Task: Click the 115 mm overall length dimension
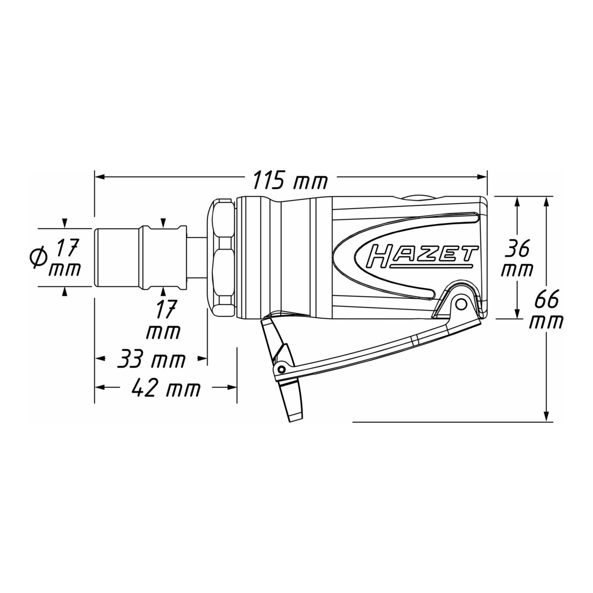[x=290, y=180]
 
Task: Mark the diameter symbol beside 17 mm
[x=40, y=258]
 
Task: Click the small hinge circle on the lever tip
[x=281, y=369]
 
